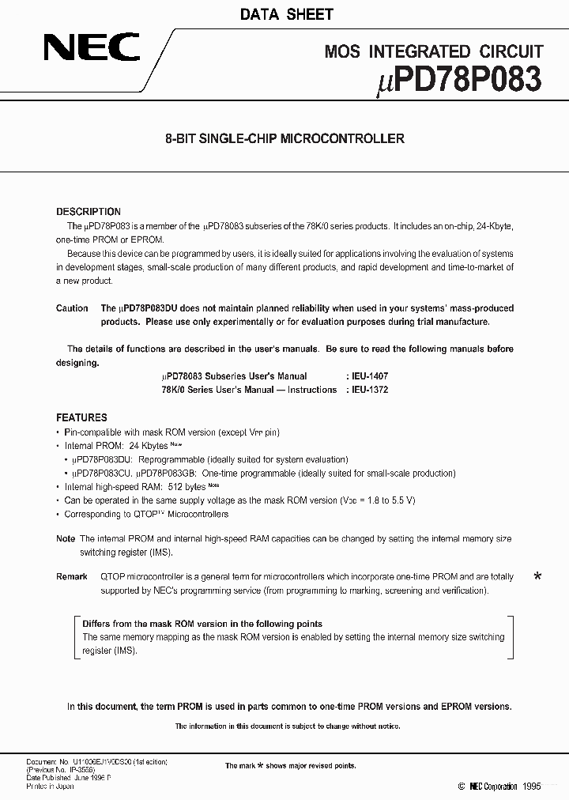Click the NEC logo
point(90,47)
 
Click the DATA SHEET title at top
point(284,14)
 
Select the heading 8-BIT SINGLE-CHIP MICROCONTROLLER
point(284,138)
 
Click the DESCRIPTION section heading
point(89,212)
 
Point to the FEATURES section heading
point(81,417)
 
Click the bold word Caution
point(72,308)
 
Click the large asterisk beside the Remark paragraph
point(537,578)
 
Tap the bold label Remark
point(72,577)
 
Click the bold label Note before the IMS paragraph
point(66,539)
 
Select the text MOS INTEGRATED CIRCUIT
point(434,52)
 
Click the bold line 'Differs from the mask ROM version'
point(202,624)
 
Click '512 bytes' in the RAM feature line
point(187,488)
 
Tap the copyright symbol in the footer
point(462,787)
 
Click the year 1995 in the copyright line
point(531,787)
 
